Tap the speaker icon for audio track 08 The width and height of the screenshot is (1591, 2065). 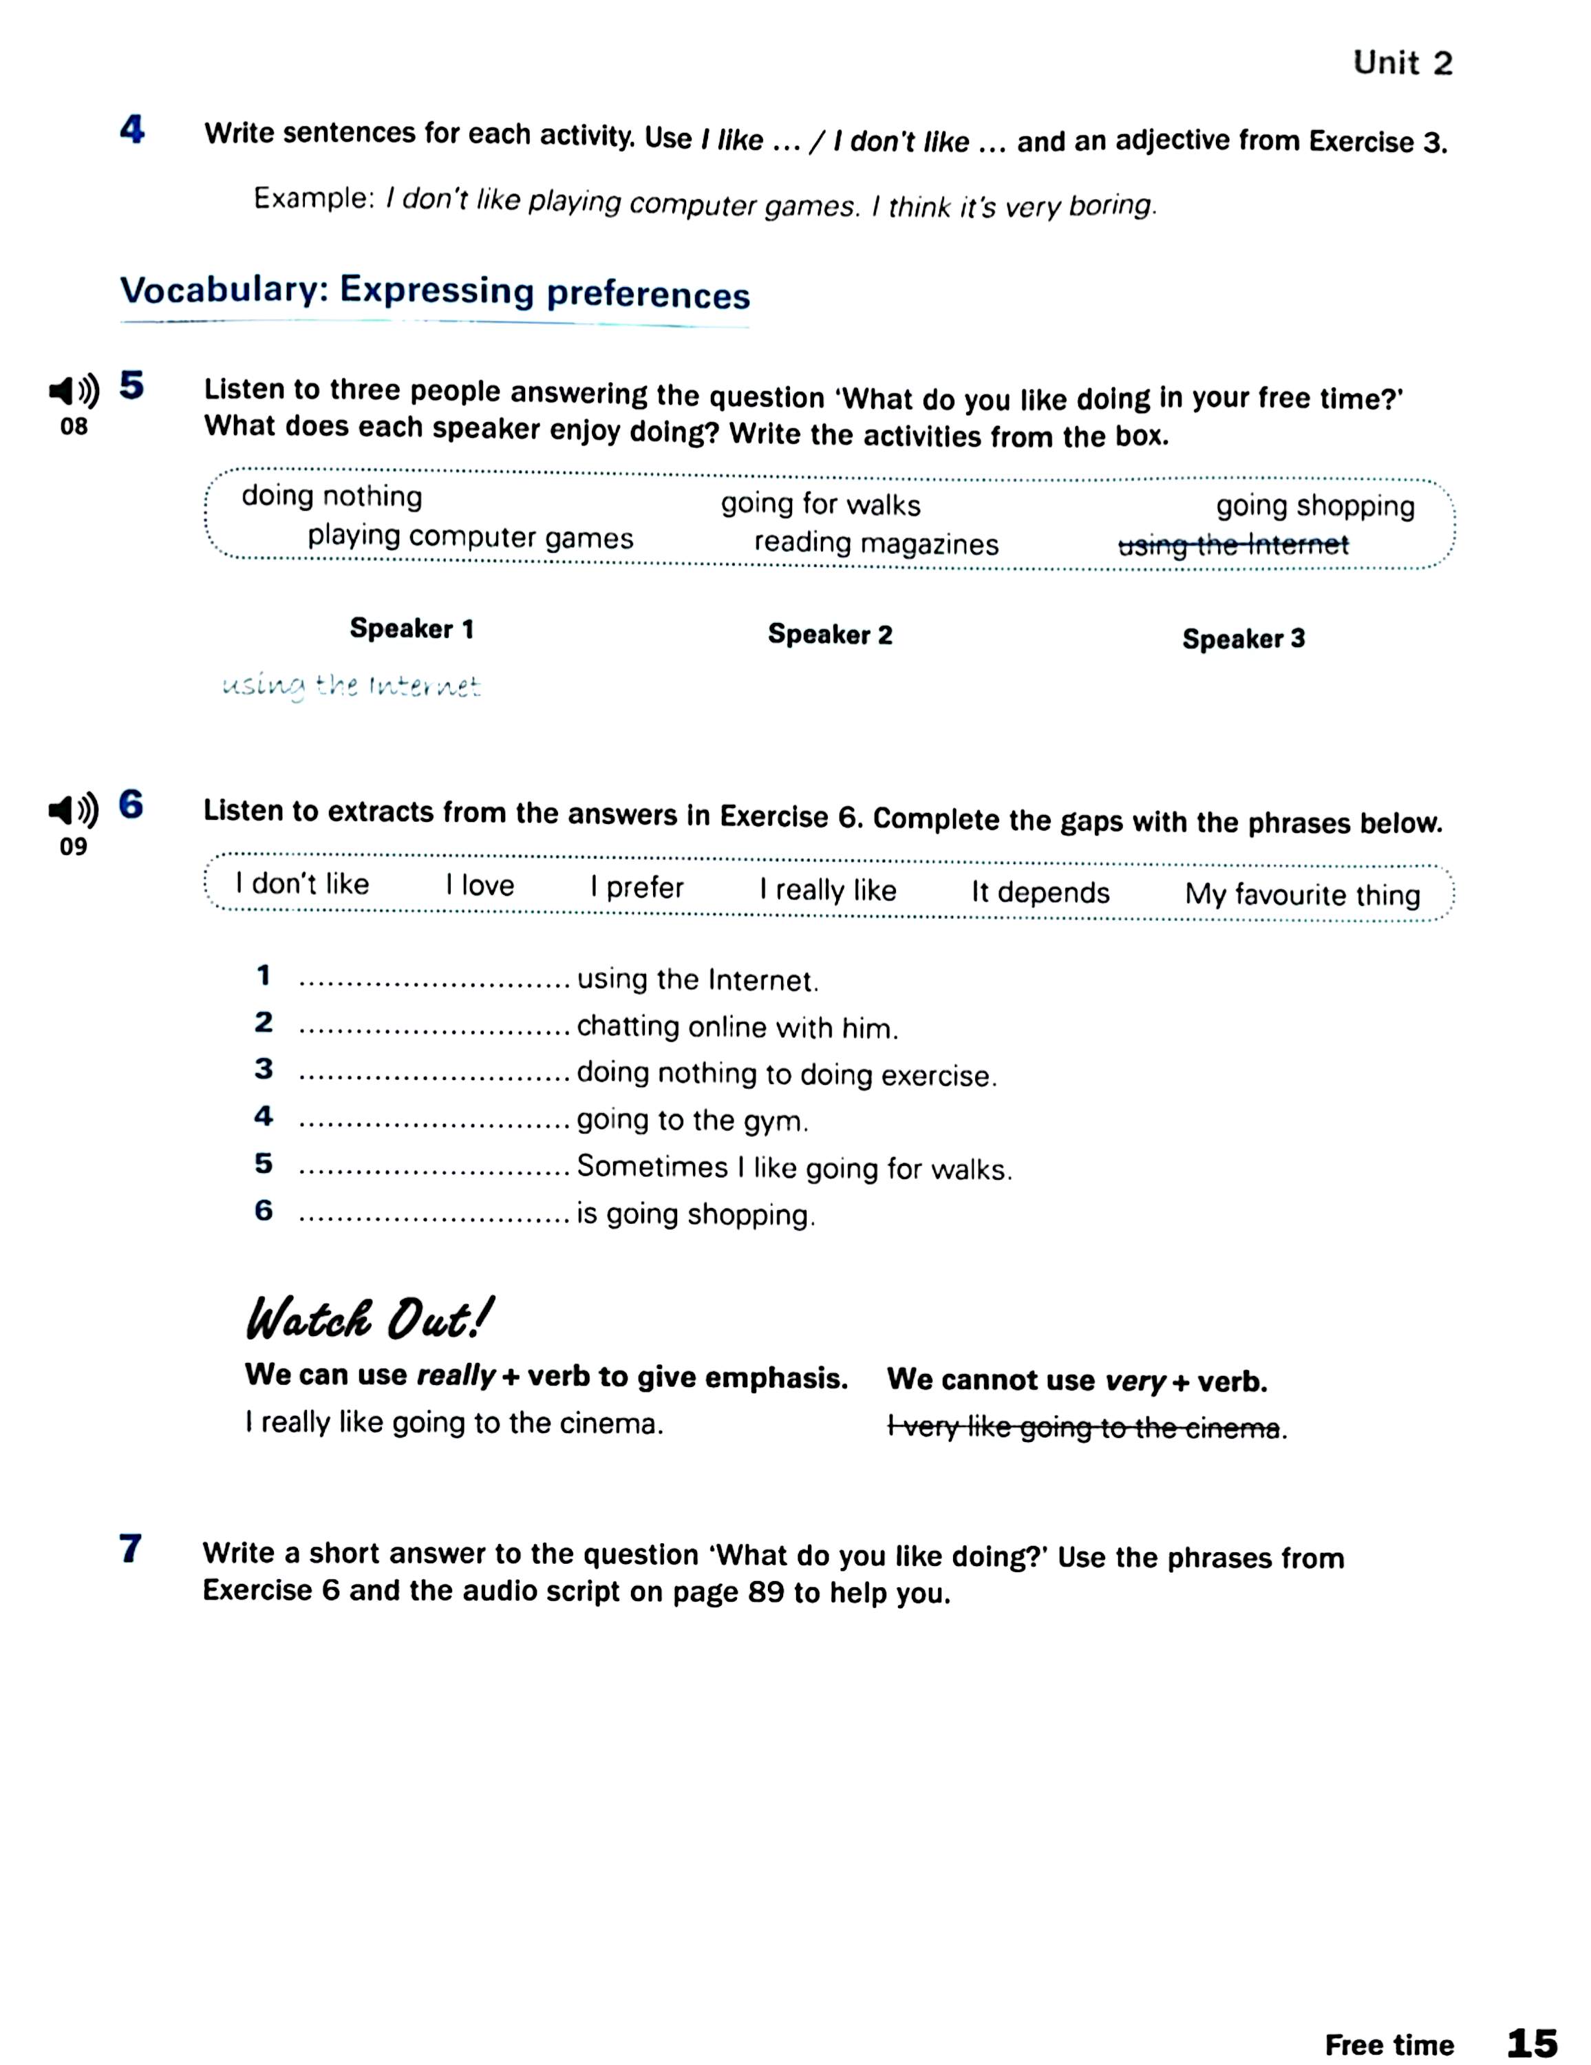pos(74,390)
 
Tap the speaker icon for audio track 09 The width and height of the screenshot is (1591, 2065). pos(74,810)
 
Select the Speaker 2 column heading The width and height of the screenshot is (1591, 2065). pos(829,635)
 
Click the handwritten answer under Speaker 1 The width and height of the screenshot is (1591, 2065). pos(351,686)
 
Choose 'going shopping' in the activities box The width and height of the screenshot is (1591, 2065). pos(1315,507)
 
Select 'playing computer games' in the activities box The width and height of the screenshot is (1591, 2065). pos(470,537)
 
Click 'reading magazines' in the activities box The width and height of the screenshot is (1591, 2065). pos(875,544)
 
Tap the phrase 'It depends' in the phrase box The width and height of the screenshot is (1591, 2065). pos(1040,893)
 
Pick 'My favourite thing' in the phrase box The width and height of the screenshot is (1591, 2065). pos(1302,894)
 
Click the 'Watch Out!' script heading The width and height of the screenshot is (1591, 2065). pos(369,1319)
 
